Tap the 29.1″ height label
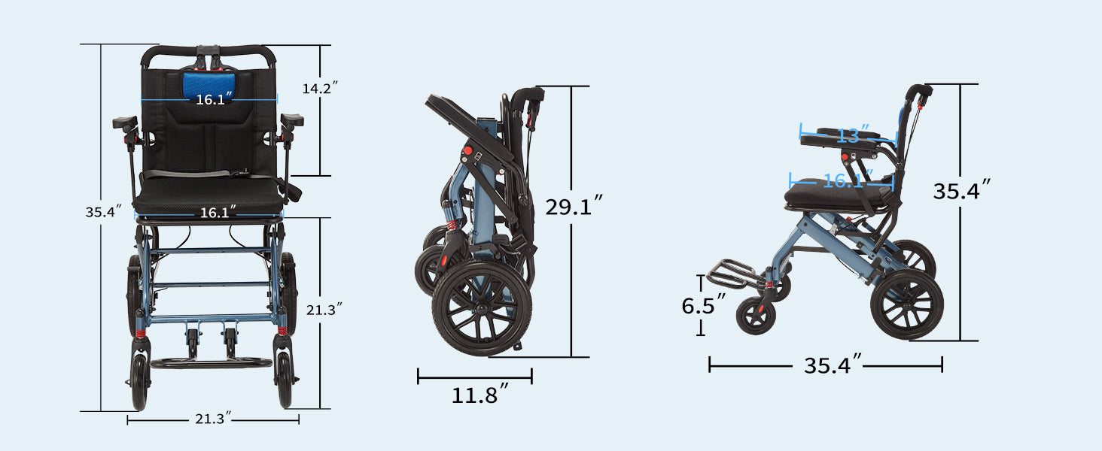click(x=574, y=205)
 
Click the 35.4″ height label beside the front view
click(x=103, y=212)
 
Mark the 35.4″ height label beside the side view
click(x=961, y=191)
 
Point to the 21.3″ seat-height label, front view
click(x=324, y=308)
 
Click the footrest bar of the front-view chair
click(x=211, y=363)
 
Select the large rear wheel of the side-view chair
click(x=906, y=304)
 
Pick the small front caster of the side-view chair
click(x=755, y=316)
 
